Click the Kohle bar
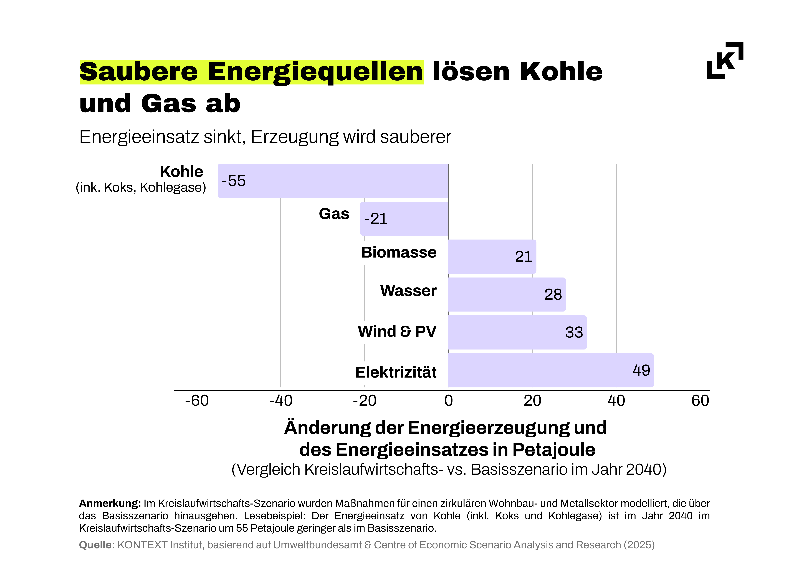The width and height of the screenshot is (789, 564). pos(333,181)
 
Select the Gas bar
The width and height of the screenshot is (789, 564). pos(404,218)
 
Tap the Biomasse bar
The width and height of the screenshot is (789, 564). pos(492,256)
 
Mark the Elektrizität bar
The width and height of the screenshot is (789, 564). pos(551,370)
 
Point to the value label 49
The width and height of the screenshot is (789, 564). pos(641,370)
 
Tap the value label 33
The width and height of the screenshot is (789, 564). pos(574,332)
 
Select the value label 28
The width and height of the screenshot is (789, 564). pos(553,295)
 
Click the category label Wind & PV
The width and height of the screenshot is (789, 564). pos(397,331)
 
